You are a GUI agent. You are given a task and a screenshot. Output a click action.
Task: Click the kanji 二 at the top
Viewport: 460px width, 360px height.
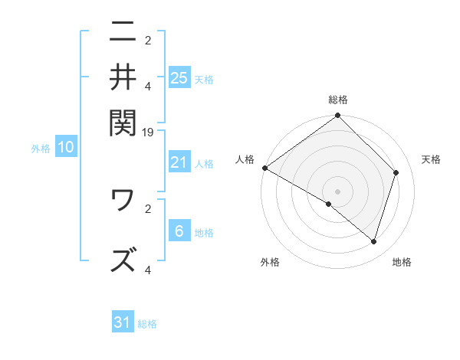[123, 33]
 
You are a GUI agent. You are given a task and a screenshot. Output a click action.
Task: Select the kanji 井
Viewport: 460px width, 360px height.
[123, 77]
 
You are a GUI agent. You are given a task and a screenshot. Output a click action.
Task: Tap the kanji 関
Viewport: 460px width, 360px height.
[123, 120]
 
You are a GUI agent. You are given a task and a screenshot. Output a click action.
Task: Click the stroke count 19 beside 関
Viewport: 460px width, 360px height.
[149, 132]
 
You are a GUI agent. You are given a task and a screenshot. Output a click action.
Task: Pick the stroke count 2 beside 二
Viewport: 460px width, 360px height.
[148, 41]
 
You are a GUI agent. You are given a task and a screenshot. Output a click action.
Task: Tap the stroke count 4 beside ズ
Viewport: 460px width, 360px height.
[148, 270]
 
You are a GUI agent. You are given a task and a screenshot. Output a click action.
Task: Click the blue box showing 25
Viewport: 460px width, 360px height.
[179, 77]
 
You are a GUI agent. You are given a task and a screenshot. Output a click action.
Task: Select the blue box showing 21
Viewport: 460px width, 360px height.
[179, 162]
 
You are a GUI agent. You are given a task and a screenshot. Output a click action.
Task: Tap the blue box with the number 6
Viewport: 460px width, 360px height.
[179, 231]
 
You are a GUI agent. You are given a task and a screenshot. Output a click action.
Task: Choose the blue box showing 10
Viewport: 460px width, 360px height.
[66, 148]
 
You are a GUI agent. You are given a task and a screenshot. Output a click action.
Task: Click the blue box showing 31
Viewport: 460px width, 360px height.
[123, 322]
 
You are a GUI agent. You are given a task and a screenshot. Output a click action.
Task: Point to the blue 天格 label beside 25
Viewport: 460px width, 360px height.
[204, 79]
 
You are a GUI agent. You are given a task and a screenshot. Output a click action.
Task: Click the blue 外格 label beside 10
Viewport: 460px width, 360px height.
[41, 149]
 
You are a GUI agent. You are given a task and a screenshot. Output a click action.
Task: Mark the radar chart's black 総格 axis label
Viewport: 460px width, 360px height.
[338, 100]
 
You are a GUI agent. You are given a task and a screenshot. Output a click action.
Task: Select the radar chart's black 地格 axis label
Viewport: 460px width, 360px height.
[402, 263]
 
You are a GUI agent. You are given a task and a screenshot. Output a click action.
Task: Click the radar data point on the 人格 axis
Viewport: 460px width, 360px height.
[264, 168]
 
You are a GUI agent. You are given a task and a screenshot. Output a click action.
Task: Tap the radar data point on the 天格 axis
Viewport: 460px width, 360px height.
[396, 172]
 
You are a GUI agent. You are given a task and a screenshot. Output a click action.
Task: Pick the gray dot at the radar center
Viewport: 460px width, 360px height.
[338, 191]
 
